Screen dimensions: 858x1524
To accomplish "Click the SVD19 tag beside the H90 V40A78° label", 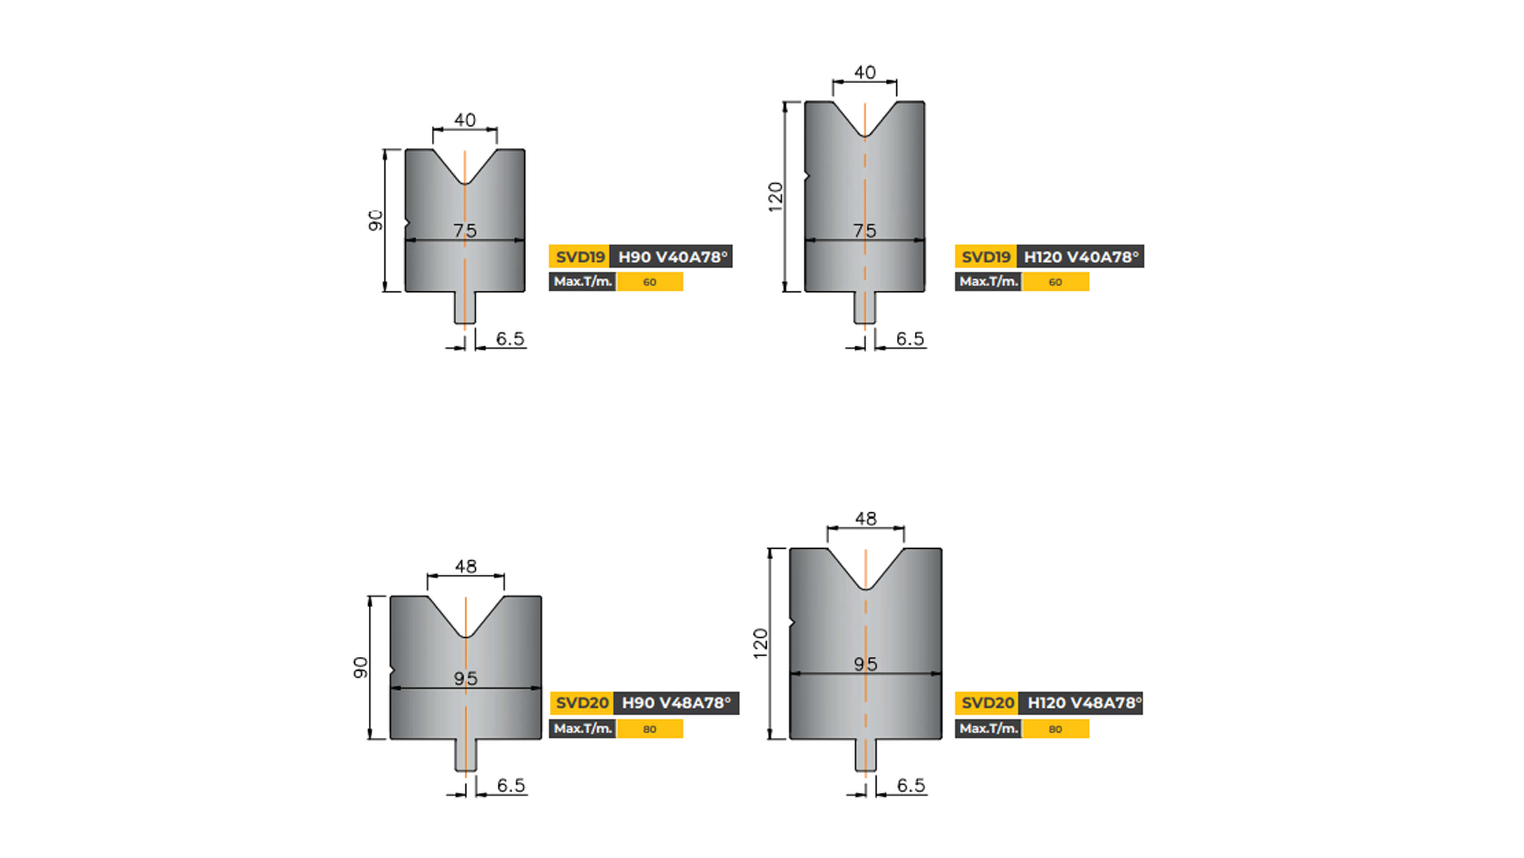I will click(x=579, y=257).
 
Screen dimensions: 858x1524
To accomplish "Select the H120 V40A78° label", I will click(x=1080, y=257).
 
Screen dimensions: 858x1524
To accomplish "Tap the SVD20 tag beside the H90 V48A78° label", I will click(x=582, y=703).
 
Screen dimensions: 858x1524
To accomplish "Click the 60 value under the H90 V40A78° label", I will click(x=650, y=282).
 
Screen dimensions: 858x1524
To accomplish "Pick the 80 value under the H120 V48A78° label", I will click(x=1055, y=729).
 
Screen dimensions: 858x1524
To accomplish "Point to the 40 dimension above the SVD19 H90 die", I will click(x=464, y=120).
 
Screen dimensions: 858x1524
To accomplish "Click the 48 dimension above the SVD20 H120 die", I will click(x=865, y=519).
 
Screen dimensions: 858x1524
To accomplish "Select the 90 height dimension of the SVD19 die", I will click(x=376, y=221).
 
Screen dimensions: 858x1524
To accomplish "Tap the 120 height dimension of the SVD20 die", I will click(x=760, y=643).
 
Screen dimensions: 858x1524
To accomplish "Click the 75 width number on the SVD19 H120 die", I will click(x=864, y=231).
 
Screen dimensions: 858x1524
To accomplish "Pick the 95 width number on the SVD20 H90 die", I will click(x=465, y=678).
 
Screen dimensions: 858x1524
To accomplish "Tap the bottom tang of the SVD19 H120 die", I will click(x=864, y=307).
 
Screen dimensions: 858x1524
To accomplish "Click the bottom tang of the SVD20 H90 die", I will click(x=465, y=755).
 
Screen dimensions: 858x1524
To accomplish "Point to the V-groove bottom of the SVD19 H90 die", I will click(x=464, y=182).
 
